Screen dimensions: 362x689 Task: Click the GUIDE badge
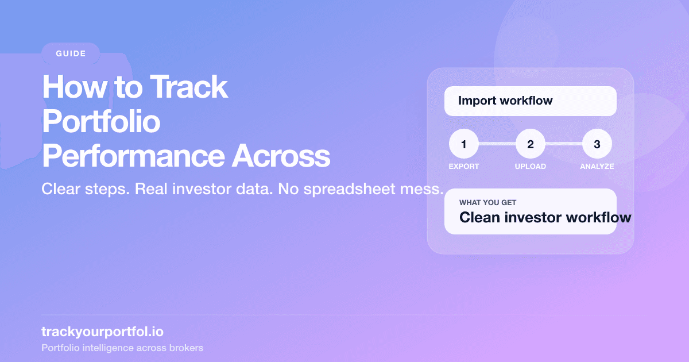click(71, 54)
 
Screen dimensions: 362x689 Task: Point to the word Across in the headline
click(281, 156)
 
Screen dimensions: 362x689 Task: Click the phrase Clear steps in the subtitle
click(85, 190)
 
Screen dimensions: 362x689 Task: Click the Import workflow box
click(530, 101)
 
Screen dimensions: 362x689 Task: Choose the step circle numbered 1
click(463, 144)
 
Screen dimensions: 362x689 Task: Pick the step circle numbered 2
click(530, 144)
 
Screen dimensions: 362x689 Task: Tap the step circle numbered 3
click(597, 144)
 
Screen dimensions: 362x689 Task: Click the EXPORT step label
click(463, 167)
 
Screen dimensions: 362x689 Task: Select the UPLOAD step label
click(530, 167)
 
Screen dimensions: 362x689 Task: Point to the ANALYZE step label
click(597, 167)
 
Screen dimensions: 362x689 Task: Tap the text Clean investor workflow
click(544, 218)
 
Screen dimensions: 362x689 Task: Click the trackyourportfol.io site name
click(98, 332)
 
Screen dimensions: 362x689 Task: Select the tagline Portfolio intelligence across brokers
click(122, 348)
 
